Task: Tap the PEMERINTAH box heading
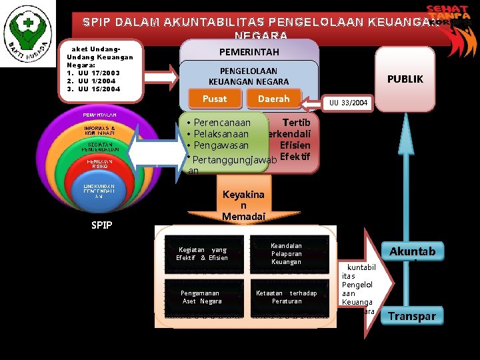pyautogui.click(x=249, y=51)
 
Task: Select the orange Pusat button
pyautogui.click(x=215, y=99)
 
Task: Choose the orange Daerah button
pyautogui.click(x=273, y=99)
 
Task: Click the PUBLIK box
pyautogui.click(x=405, y=79)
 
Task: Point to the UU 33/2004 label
pyautogui.click(x=349, y=103)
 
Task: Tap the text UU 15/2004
pyautogui.click(x=99, y=89)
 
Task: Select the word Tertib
pyautogui.click(x=295, y=123)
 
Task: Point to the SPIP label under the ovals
pyautogui.click(x=101, y=225)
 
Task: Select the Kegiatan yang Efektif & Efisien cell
pyautogui.click(x=202, y=254)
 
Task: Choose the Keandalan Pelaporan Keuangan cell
pyautogui.click(x=286, y=254)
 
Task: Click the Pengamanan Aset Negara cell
pyautogui.click(x=202, y=297)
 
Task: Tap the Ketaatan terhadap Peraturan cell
pyautogui.click(x=286, y=297)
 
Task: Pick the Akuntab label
pyautogui.click(x=412, y=251)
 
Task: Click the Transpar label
pyautogui.click(x=412, y=316)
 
